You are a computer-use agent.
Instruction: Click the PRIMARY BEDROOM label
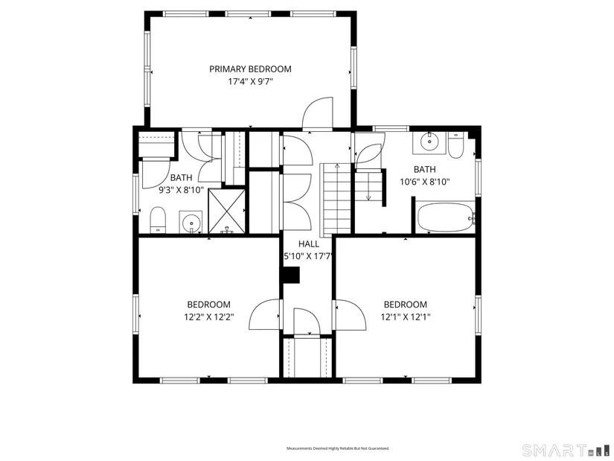coord(250,69)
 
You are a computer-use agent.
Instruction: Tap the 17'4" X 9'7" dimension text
coord(250,82)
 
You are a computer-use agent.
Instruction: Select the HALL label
coord(309,244)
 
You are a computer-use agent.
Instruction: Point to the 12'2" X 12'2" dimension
coord(209,317)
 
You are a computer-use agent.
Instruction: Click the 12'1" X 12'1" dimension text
coord(406,317)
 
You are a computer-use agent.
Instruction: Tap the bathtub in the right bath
coord(446,217)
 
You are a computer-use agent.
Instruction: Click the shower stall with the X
coord(226,211)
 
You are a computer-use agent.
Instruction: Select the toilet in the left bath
coord(159,220)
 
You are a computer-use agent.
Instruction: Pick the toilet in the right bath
coord(455,145)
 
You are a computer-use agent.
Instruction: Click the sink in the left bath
coord(191,222)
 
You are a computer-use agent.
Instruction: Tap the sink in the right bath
coord(429,143)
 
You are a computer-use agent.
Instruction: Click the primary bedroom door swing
coord(318,113)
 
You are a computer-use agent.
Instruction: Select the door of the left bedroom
coord(265,314)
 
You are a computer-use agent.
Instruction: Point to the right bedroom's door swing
coord(351,315)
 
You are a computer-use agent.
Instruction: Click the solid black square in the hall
coord(291,275)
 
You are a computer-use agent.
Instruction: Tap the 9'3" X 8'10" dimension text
coord(181,190)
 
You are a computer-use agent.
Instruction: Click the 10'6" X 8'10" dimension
coord(424,182)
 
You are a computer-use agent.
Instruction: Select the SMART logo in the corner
coord(566,450)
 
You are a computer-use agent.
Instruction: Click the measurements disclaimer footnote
coord(338,448)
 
